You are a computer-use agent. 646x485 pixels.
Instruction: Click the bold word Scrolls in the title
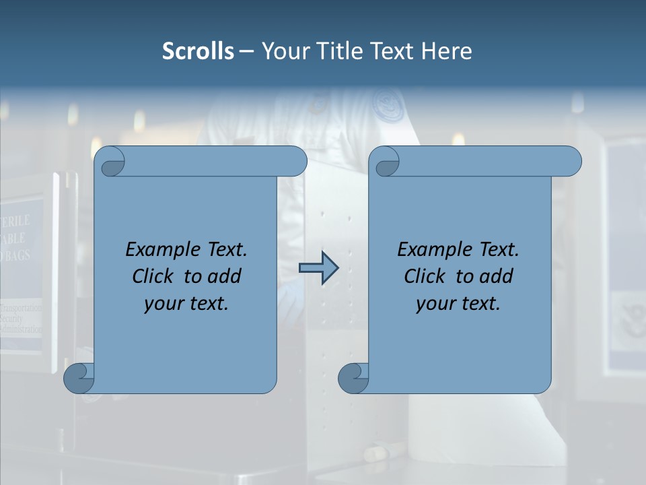coord(198,51)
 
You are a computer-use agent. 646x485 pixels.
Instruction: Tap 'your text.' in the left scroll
coord(186,303)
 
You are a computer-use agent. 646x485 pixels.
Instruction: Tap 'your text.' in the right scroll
coord(458,303)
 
